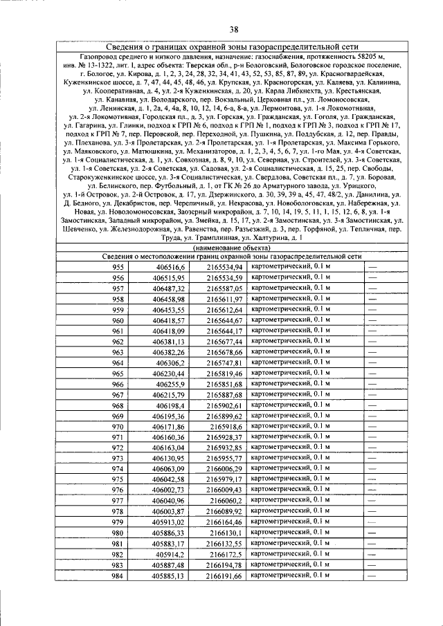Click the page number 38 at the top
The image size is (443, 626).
(234, 28)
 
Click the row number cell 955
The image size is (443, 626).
(118, 267)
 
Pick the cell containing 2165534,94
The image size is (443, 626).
(224, 267)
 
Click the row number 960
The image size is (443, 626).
(118, 320)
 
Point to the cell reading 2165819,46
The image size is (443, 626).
(224, 374)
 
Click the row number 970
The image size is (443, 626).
(118, 427)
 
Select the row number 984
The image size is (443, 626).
(118, 576)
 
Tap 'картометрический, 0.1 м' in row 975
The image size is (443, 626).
(290, 479)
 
